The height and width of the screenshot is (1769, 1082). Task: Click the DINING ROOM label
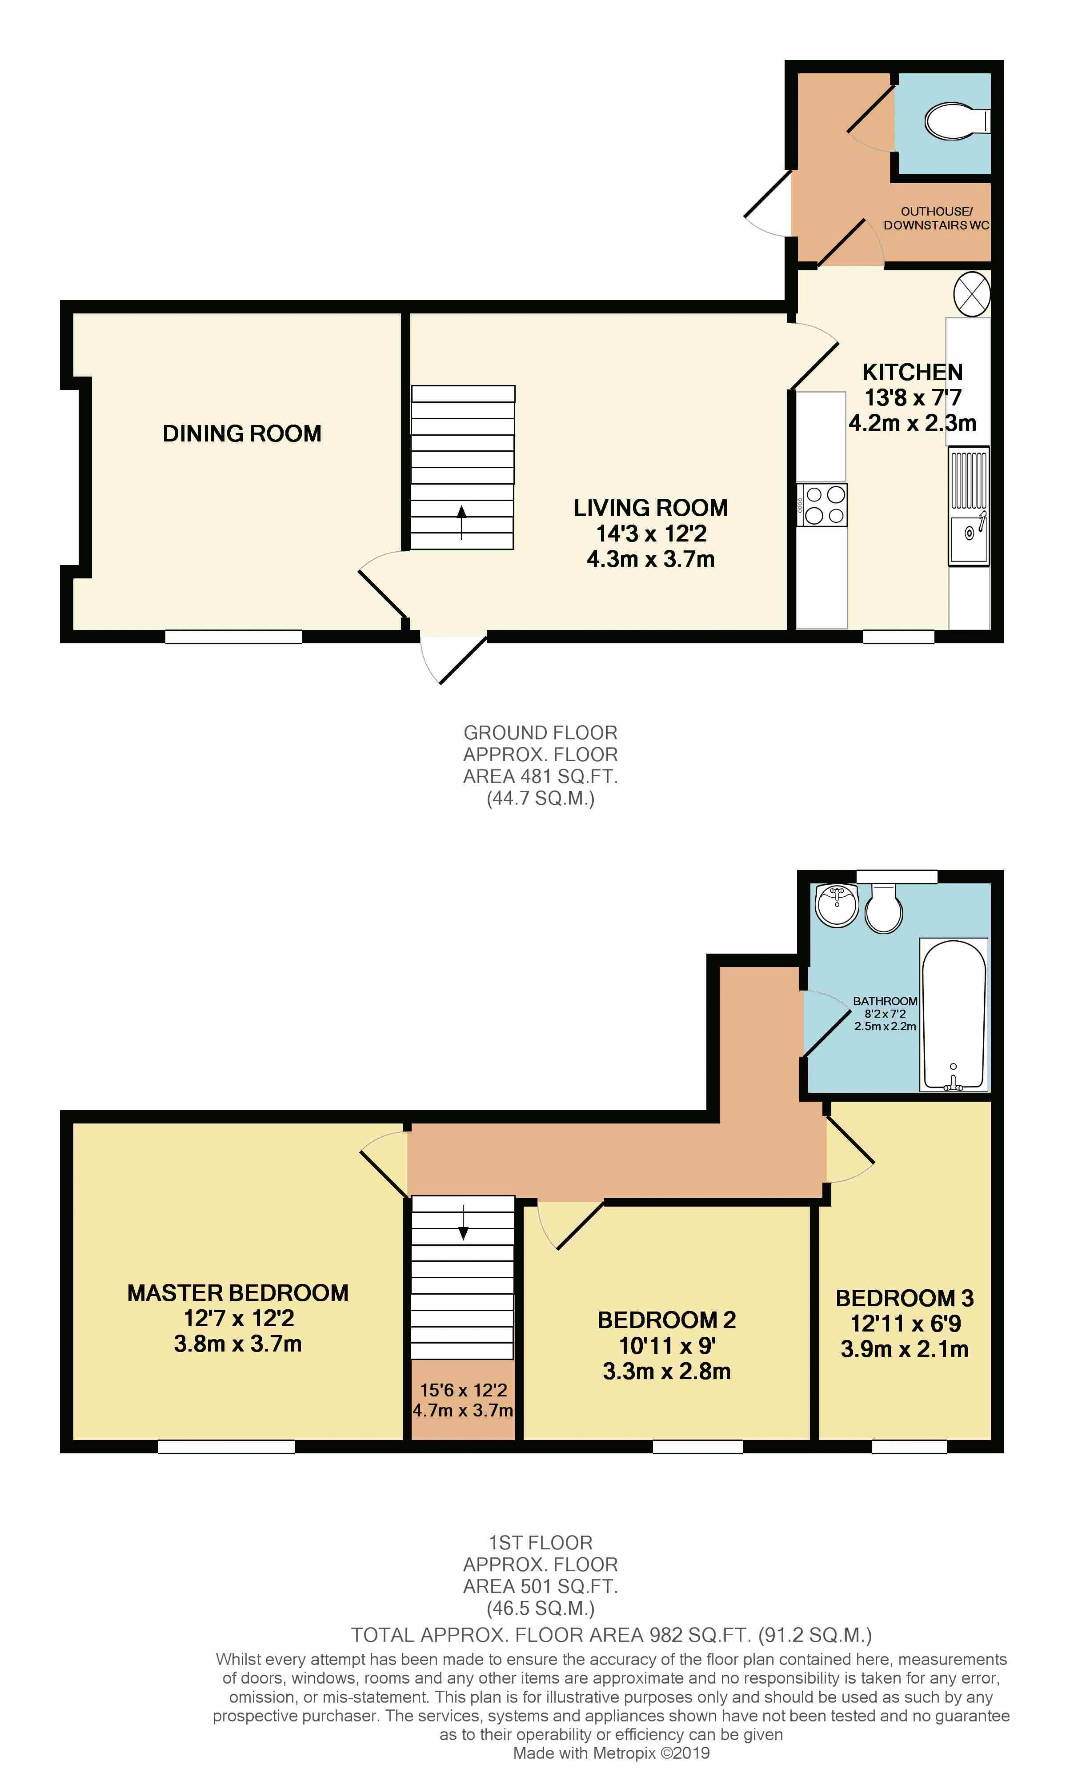click(242, 433)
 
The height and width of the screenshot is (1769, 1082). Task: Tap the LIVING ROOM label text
click(650, 508)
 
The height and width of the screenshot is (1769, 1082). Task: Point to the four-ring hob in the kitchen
click(822, 505)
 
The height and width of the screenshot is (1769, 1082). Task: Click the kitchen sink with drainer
click(969, 506)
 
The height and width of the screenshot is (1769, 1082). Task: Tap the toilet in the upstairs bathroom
click(884, 908)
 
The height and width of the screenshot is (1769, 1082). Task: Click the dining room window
click(233, 637)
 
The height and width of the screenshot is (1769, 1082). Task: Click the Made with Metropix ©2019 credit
click(611, 1753)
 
